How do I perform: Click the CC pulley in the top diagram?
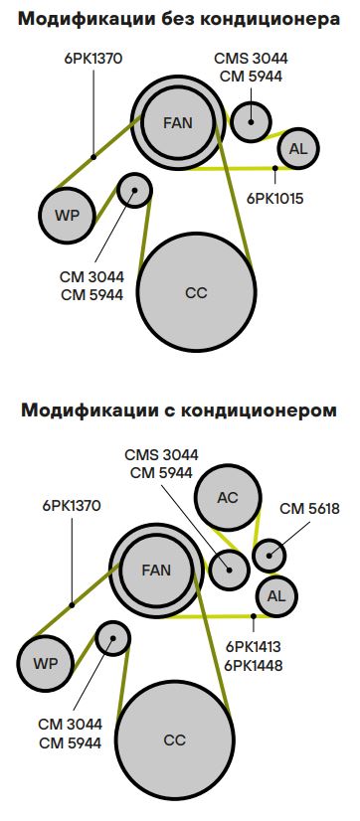coord(195,291)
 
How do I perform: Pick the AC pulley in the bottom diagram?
coord(228,497)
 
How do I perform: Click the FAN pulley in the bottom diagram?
coord(156,571)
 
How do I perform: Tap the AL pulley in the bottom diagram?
coord(276,596)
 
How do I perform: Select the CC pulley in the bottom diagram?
coord(174,739)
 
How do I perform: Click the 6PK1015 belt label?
coord(275,198)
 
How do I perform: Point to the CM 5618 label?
coord(309,509)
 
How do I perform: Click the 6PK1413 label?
coord(255,646)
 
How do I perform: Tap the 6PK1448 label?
coord(255,665)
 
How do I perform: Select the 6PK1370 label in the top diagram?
coord(92,58)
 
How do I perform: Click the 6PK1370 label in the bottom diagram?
coord(72,505)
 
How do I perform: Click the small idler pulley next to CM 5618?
coord(268,555)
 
